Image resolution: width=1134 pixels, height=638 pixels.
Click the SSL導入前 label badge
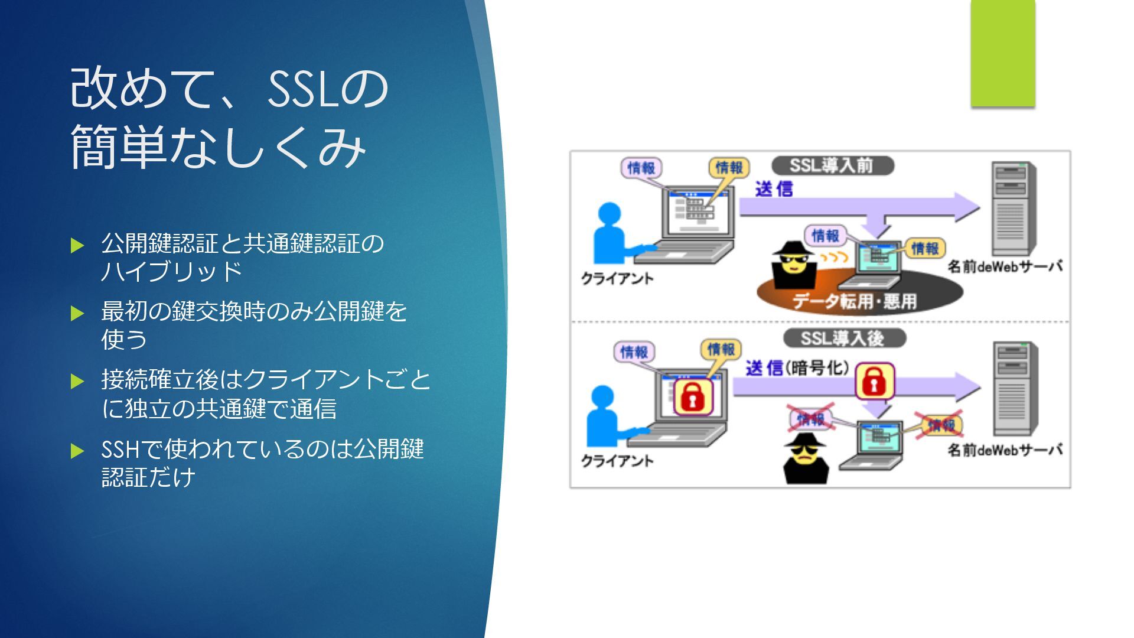click(x=832, y=165)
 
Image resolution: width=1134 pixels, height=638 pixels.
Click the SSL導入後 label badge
click(x=843, y=338)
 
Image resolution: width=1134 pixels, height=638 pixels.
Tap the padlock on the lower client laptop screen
click(x=693, y=396)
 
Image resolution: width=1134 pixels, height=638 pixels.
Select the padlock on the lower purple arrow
click(x=875, y=381)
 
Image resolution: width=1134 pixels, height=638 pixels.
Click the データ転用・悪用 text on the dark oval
click(x=854, y=302)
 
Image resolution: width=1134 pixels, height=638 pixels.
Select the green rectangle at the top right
click(x=1002, y=54)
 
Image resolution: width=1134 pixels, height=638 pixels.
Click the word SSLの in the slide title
click(x=328, y=89)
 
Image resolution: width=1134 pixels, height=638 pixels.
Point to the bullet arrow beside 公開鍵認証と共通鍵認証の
click(x=77, y=245)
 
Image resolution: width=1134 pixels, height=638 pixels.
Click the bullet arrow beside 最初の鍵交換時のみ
click(x=77, y=313)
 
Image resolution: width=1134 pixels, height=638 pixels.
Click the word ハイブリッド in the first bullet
click(x=171, y=271)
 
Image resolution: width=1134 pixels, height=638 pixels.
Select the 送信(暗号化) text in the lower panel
click(x=797, y=368)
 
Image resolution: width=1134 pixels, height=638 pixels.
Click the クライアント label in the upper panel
click(x=617, y=278)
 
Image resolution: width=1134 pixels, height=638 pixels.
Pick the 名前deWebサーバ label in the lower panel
click(x=1005, y=450)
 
